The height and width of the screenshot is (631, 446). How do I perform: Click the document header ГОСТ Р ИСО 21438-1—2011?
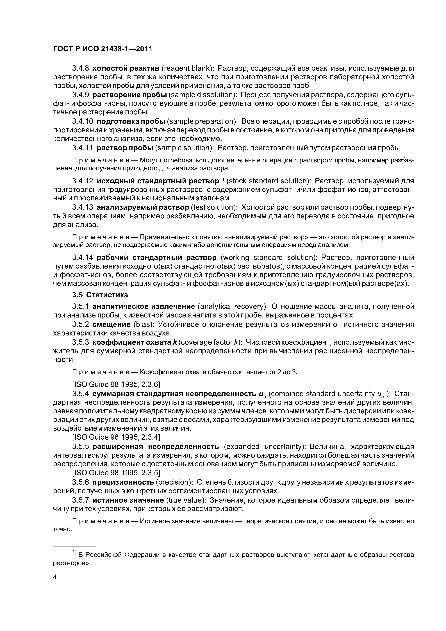click(102, 49)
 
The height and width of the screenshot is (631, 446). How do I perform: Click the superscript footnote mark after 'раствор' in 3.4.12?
click(222, 180)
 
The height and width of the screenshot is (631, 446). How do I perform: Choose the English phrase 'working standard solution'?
click(269, 258)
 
